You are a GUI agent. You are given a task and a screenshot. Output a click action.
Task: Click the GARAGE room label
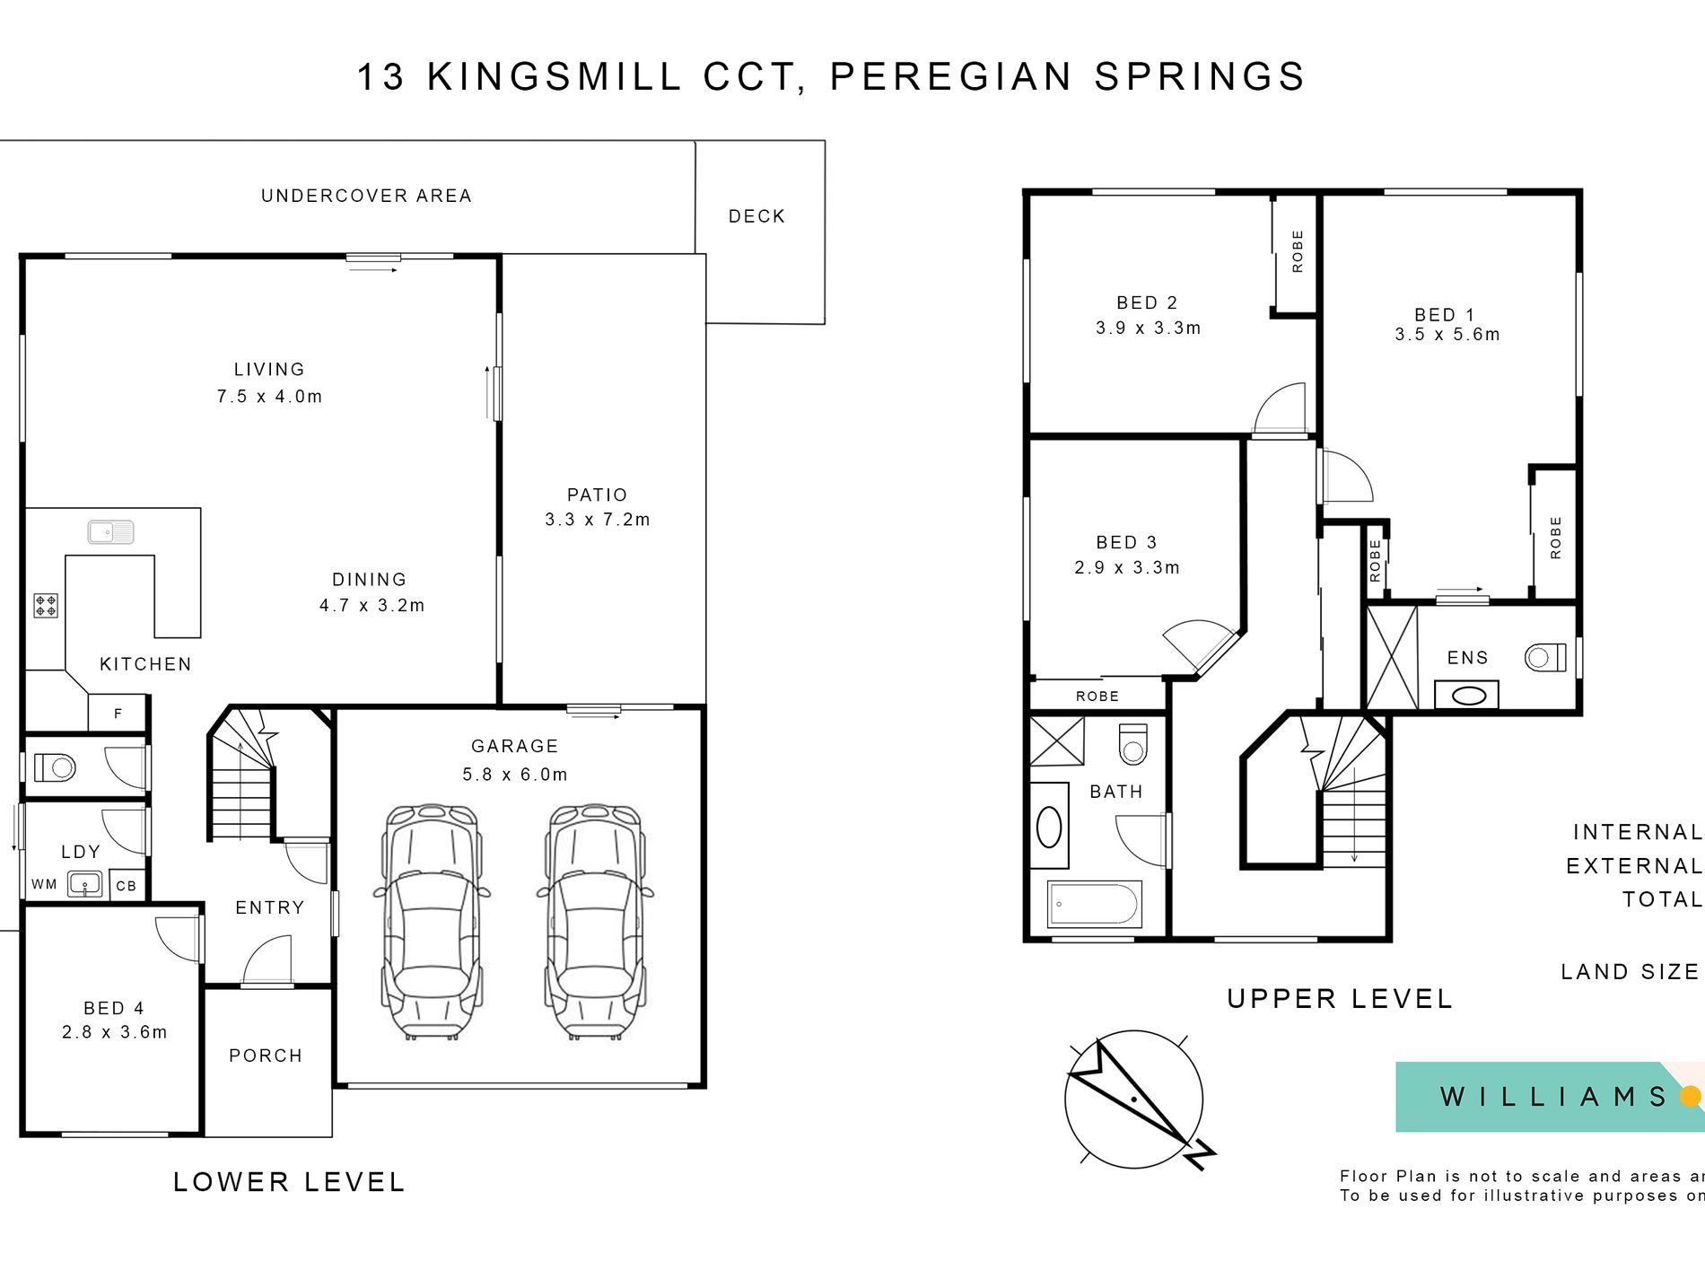514,746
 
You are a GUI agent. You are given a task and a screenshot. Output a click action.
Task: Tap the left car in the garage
432,922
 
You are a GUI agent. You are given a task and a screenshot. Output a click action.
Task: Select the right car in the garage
595,922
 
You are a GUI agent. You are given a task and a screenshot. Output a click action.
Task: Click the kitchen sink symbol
110,532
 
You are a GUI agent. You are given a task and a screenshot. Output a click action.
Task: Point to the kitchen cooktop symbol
46,606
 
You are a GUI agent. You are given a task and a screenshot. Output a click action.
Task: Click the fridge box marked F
118,714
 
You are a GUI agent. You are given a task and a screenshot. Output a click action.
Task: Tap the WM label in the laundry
44,884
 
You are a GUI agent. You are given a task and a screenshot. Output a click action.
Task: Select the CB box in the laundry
127,885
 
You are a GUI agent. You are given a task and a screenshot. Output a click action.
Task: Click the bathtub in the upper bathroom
1095,904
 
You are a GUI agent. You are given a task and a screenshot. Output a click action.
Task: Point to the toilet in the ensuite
1545,657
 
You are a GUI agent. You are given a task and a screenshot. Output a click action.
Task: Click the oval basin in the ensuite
1468,696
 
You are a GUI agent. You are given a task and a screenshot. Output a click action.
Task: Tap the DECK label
756,216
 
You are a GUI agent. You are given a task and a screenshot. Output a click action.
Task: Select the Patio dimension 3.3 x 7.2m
598,519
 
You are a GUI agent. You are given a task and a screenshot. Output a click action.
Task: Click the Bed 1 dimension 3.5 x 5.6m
1447,334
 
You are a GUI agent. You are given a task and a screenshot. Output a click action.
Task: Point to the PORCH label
266,1056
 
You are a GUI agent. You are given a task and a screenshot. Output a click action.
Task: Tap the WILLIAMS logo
1550,1097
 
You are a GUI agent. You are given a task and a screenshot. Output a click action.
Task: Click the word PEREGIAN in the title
951,76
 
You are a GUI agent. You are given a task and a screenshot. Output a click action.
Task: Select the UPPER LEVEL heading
1340,999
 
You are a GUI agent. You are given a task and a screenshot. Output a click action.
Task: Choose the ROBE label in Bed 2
1298,251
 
